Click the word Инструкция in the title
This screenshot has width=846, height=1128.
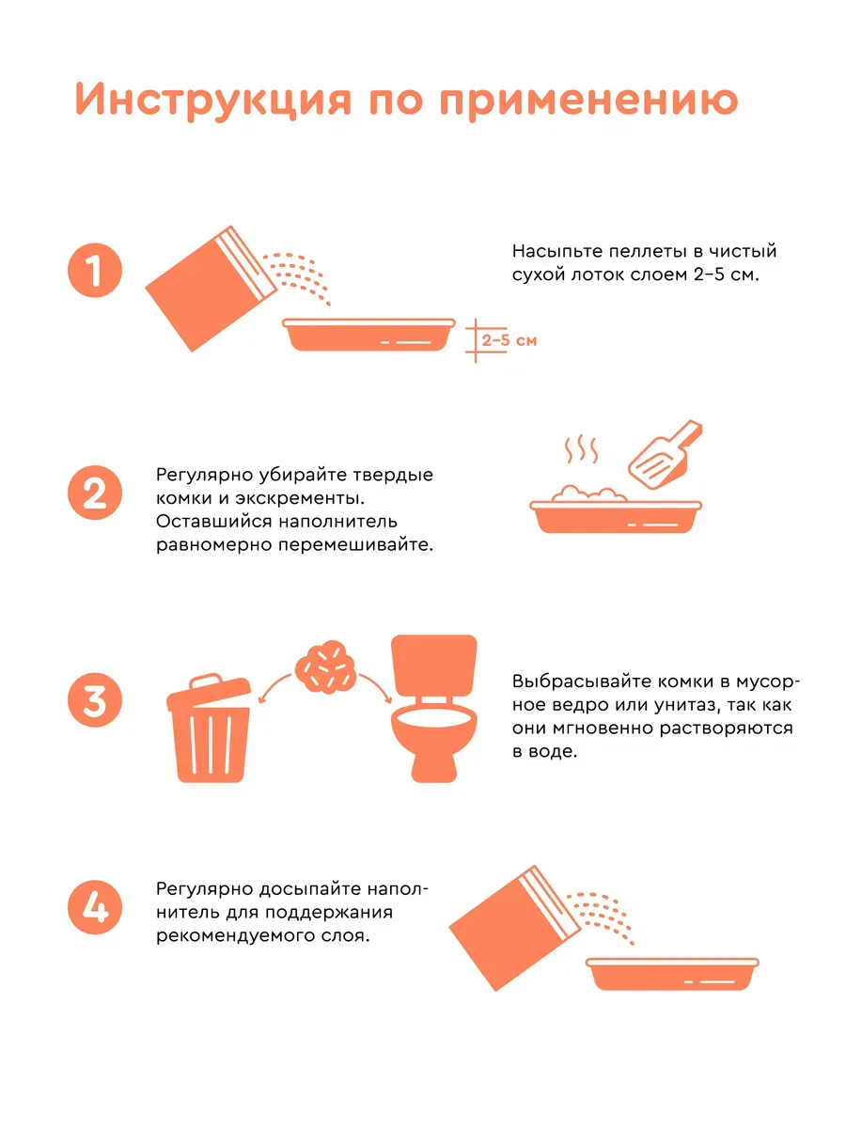tap(213, 101)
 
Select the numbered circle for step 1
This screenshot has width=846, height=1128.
tap(95, 271)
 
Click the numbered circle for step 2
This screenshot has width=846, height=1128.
tap(95, 493)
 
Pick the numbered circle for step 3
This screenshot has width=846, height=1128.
tap(95, 700)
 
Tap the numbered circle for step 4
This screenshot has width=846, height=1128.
tap(95, 907)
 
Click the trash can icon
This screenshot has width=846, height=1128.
tap(209, 728)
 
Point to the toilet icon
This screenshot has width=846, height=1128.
tap(434, 709)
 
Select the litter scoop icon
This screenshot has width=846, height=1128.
tap(666, 455)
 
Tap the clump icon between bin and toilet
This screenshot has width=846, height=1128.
tap(325, 666)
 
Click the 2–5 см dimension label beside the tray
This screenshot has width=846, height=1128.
tap(509, 340)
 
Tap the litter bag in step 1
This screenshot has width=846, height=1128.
tap(211, 289)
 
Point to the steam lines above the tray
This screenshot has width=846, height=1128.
tap(582, 449)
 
